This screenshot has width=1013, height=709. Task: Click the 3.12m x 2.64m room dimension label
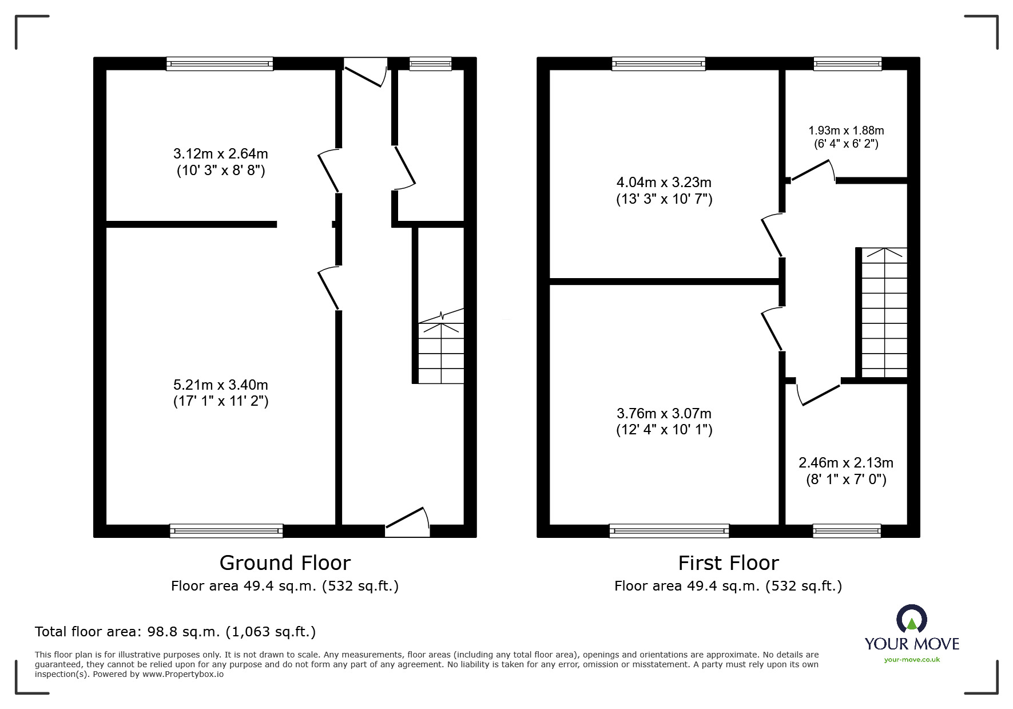(x=221, y=162)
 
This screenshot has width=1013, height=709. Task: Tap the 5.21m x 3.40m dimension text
(x=221, y=393)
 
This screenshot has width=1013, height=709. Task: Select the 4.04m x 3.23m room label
(x=664, y=191)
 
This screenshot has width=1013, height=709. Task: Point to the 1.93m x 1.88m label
(x=846, y=137)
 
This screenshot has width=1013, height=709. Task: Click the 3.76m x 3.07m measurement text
(x=664, y=421)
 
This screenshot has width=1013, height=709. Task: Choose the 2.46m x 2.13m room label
(x=846, y=470)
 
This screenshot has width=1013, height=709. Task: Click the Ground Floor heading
(x=285, y=563)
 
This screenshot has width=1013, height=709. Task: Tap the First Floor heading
(x=728, y=563)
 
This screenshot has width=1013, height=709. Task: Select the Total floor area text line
(x=175, y=632)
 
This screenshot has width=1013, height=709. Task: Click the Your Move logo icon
(x=911, y=619)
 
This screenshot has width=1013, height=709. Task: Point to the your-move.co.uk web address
(x=912, y=660)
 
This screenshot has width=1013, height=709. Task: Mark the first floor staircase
(x=884, y=312)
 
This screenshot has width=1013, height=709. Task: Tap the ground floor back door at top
(x=365, y=70)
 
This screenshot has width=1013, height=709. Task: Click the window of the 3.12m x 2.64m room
(x=220, y=64)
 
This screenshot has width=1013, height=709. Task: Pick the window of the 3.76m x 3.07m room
(x=669, y=531)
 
